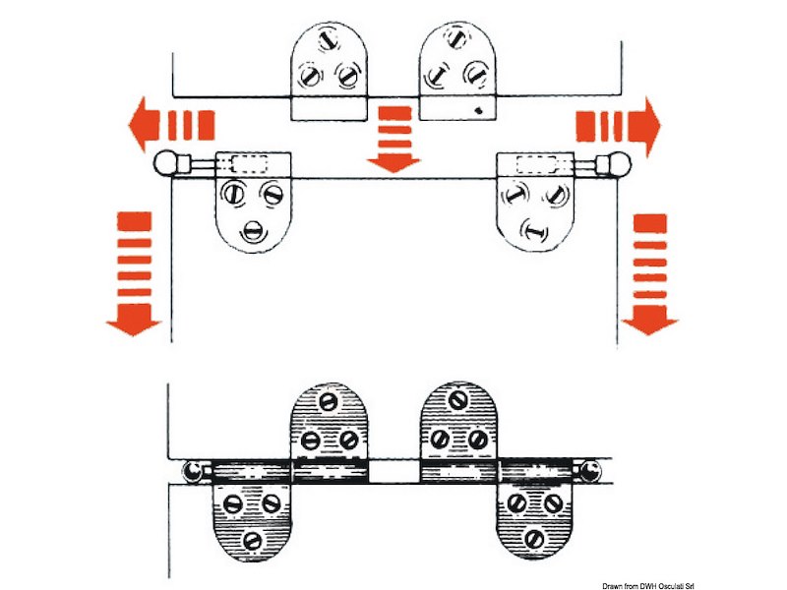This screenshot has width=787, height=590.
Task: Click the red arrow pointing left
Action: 171,125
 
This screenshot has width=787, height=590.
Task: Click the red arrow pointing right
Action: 619,127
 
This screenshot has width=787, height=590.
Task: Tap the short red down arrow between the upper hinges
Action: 394,139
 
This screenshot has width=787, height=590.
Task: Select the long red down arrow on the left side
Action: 134,273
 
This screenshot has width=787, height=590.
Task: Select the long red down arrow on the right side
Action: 650,274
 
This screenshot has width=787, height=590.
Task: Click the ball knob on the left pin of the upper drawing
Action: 166,163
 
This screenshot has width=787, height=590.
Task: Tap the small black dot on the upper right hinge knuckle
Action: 478,110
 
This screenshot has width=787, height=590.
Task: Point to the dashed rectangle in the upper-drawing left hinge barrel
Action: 249,164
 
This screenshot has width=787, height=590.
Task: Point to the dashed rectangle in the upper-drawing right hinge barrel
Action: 536,164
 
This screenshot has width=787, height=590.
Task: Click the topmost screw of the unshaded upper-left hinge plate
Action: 330,38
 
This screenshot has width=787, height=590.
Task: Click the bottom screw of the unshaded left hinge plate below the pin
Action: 253,231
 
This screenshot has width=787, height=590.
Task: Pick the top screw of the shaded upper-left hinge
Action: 328,401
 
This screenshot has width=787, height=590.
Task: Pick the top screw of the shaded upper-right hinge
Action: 457,400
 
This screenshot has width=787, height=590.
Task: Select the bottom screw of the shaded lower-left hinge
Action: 252,540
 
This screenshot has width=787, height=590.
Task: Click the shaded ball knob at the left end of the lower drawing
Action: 192,471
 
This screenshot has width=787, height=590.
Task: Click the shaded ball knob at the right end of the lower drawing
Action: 590,471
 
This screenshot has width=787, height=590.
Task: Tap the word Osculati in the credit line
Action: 670,585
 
